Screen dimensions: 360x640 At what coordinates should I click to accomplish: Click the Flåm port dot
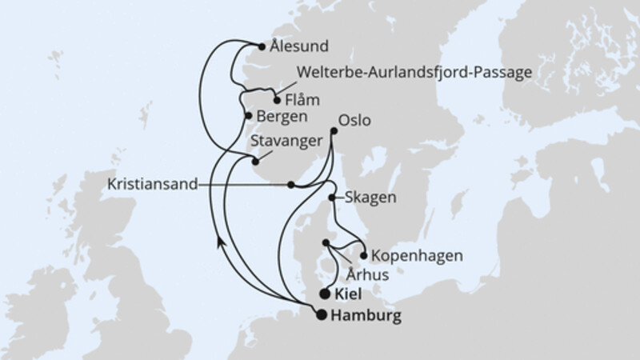[x=278, y=101]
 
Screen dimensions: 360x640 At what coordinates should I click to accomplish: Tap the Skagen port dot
[x=332, y=196]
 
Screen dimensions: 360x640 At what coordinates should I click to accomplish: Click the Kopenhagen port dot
[x=364, y=257]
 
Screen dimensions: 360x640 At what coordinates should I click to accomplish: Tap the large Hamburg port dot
[x=322, y=314]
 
